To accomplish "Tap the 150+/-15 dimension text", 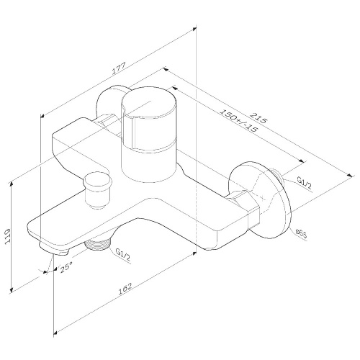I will click(239, 120).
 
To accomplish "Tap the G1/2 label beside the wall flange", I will click(303, 184).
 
